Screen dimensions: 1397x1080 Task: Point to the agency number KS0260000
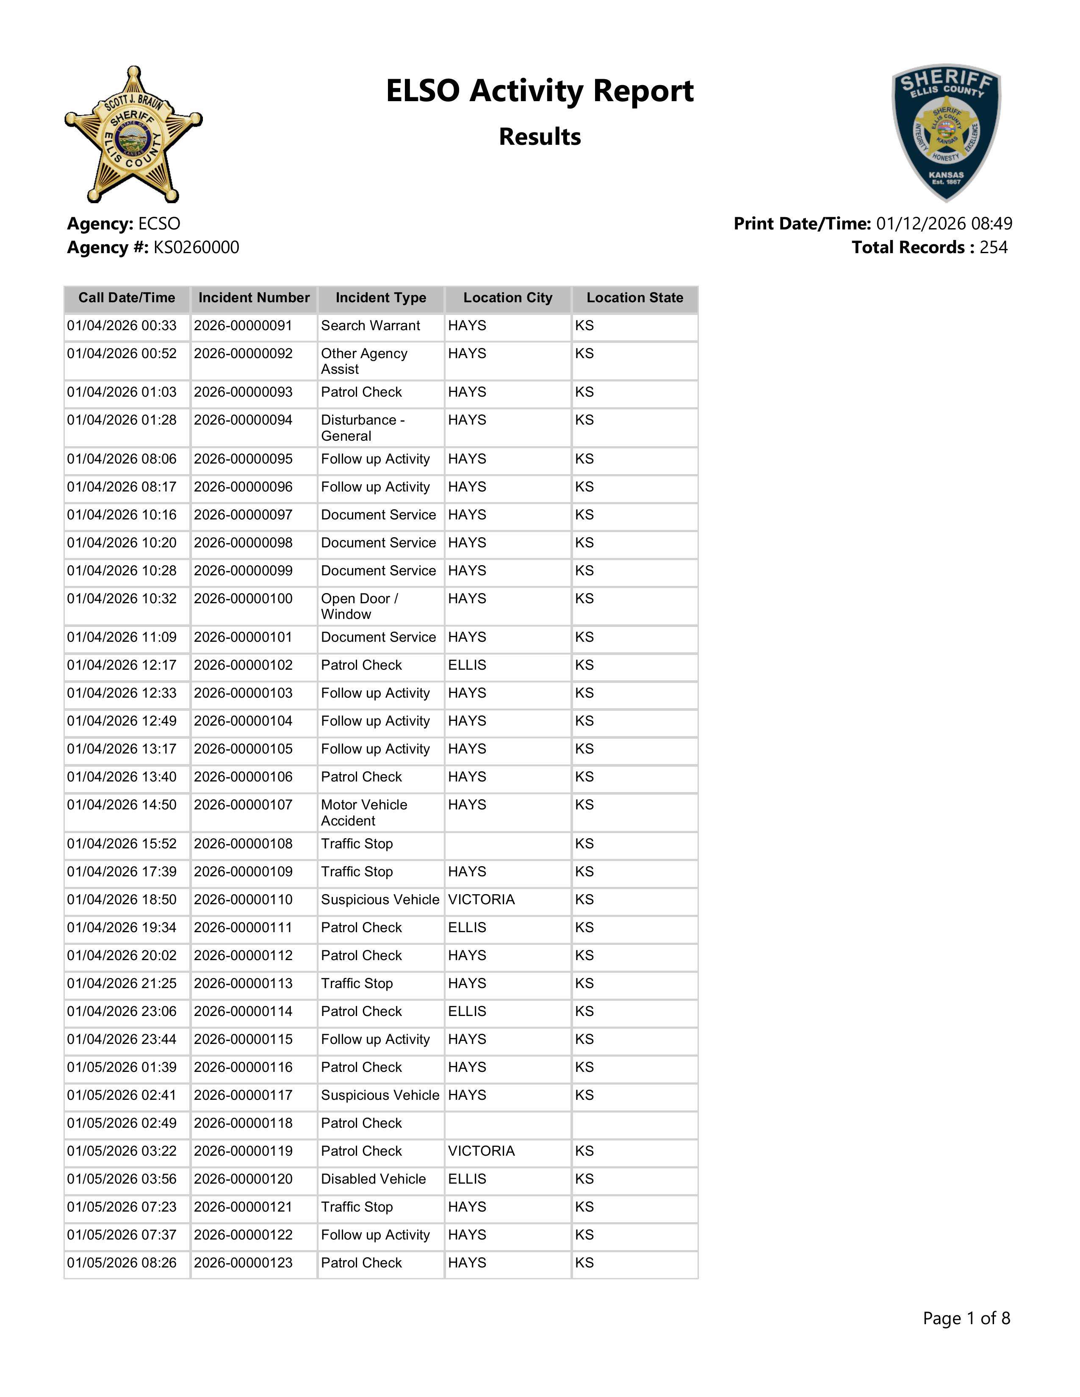[x=196, y=248]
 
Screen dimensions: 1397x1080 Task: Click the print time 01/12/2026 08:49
[x=944, y=224]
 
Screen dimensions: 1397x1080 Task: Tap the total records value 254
[x=993, y=248]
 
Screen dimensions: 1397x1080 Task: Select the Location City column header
[x=507, y=298]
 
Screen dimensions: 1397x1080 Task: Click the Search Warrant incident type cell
[x=371, y=326]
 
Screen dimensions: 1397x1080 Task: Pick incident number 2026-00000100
[x=243, y=599]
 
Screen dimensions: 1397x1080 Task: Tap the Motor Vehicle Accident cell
[x=364, y=812]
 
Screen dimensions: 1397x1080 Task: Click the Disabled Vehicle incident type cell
[x=373, y=1179]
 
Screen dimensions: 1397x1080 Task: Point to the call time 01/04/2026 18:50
[x=122, y=899]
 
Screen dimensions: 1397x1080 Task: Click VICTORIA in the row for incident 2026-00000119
[x=481, y=1151]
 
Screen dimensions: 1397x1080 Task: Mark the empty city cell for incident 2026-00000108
[x=507, y=845]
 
